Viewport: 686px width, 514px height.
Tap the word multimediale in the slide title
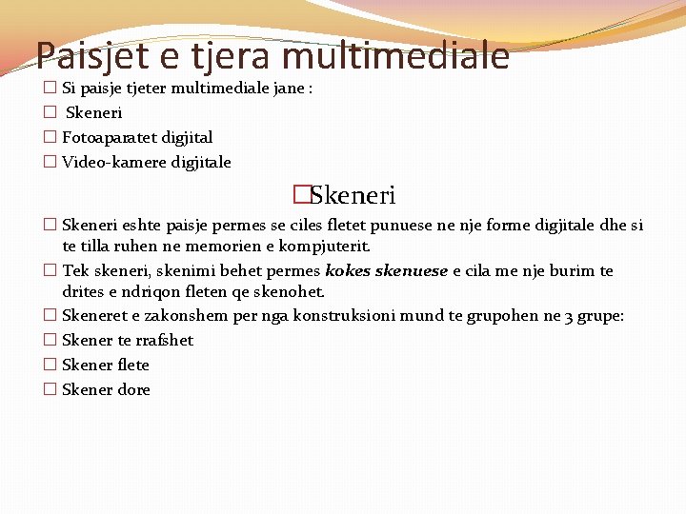click(x=396, y=56)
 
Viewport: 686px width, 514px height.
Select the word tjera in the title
click(x=232, y=56)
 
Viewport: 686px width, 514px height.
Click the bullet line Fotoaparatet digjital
click(x=137, y=137)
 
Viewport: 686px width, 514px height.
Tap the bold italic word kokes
click(x=348, y=270)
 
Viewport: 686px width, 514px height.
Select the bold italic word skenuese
click(x=412, y=270)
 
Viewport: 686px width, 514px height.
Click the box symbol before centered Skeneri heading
click(x=302, y=196)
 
